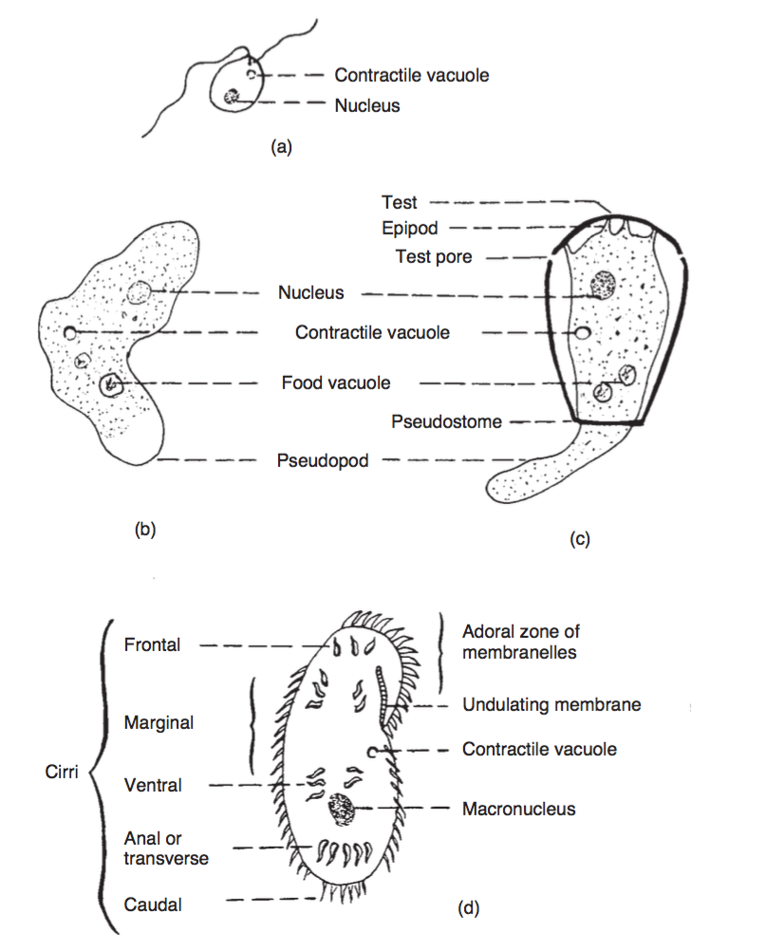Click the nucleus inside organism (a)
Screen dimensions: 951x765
point(231,97)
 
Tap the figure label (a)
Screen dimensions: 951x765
point(282,147)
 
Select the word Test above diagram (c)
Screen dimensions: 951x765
point(400,202)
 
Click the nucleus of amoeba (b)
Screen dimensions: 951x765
point(140,293)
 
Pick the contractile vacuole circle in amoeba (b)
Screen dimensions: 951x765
point(71,332)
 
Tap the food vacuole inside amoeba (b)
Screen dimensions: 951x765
point(111,383)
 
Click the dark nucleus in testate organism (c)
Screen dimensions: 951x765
point(601,282)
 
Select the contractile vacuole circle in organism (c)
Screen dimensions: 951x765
point(583,333)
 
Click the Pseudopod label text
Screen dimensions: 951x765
point(323,461)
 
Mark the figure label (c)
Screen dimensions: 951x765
point(580,539)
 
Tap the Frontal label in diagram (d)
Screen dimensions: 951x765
point(152,645)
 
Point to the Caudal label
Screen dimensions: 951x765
point(152,904)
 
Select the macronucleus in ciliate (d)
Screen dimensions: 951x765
point(340,810)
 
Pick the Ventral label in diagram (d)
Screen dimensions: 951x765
point(153,786)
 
